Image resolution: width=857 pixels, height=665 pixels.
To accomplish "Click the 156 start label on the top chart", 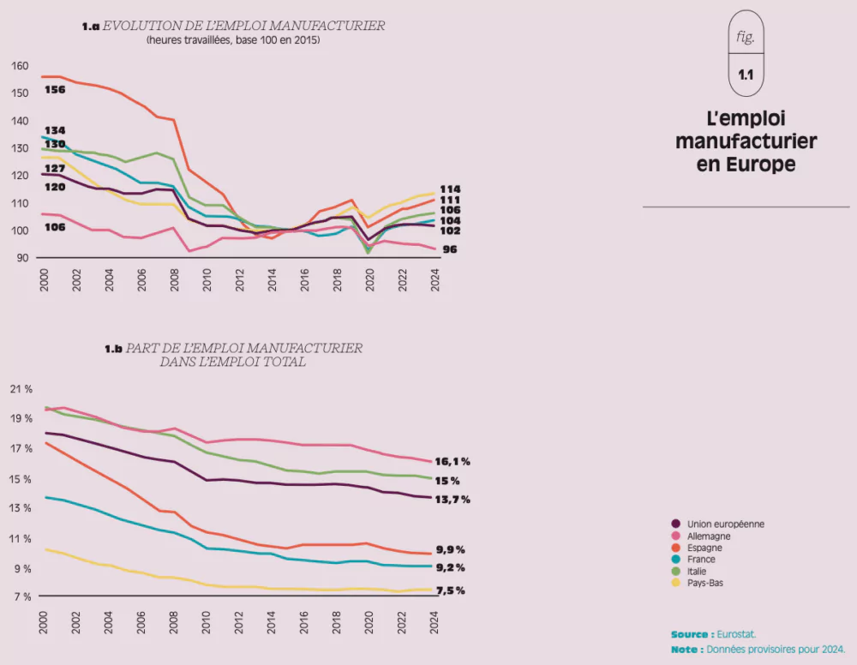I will pyautogui.click(x=55, y=90).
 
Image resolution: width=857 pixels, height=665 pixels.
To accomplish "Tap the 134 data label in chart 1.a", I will pyautogui.click(x=55, y=130).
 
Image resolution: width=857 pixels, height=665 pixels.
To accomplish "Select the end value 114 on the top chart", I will pyautogui.click(x=450, y=189).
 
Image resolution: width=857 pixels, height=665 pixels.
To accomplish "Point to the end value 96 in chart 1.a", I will pyautogui.click(x=450, y=249).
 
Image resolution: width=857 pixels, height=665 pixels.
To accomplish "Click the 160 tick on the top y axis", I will pyautogui.click(x=21, y=66).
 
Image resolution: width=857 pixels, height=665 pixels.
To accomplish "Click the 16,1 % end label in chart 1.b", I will pyautogui.click(x=452, y=461).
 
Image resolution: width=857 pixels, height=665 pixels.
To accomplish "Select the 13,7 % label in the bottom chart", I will pyautogui.click(x=452, y=500).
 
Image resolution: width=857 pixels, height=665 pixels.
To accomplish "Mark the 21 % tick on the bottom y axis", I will pyautogui.click(x=21, y=389).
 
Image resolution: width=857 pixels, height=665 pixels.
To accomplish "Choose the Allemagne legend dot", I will pyautogui.click(x=676, y=536).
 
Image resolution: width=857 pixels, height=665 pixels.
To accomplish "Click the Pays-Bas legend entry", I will pyautogui.click(x=706, y=584).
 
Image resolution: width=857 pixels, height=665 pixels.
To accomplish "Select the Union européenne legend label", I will pyautogui.click(x=725, y=524).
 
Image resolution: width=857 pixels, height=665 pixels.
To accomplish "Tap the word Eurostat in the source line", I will pyautogui.click(x=737, y=635).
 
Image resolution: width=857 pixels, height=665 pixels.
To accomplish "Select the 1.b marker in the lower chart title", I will pyautogui.click(x=114, y=349).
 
